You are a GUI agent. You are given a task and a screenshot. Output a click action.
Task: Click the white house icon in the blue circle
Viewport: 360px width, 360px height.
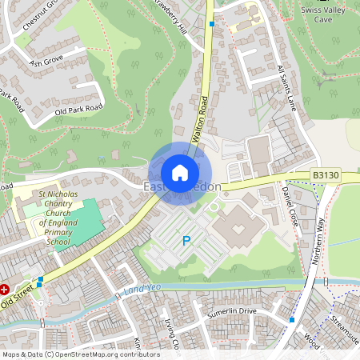(180, 172)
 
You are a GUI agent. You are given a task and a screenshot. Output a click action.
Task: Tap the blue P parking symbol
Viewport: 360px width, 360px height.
(187, 240)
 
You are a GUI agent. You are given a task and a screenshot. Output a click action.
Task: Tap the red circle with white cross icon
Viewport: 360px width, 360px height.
(5, 289)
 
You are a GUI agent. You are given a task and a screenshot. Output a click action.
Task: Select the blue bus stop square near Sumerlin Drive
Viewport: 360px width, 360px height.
(292, 320)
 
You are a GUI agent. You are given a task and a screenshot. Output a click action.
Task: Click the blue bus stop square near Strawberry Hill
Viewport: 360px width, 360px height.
(211, 24)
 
